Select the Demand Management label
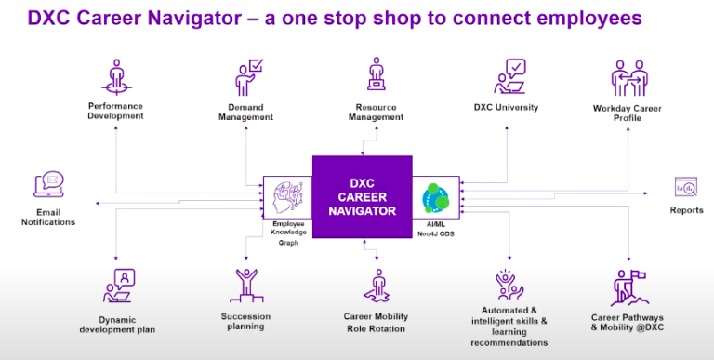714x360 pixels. (245, 113)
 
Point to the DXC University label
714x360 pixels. (506, 108)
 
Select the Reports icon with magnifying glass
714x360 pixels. (686, 188)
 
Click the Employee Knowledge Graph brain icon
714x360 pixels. (285, 198)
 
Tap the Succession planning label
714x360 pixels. (245, 322)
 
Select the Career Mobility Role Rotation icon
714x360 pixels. (376, 287)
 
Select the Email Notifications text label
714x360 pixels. (48, 217)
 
